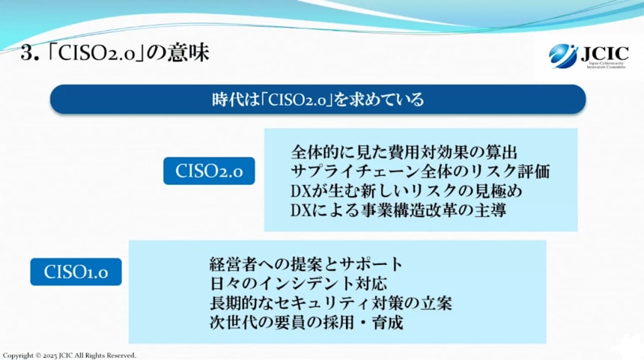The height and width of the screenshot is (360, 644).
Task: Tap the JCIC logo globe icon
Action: tap(562, 55)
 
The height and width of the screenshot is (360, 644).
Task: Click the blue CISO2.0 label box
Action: tap(209, 171)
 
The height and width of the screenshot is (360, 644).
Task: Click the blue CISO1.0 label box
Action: tap(76, 272)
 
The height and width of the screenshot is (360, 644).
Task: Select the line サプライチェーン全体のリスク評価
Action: tap(420, 171)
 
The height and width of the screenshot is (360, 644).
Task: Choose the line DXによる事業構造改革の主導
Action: tap(398, 210)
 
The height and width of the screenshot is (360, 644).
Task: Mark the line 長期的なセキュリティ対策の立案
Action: tap(330, 304)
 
